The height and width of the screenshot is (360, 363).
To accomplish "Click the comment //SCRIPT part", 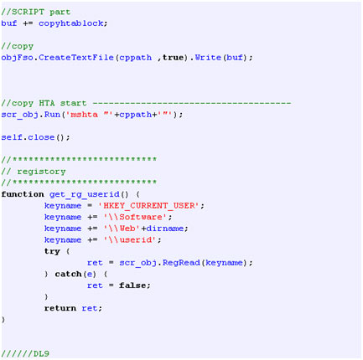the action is (35, 12).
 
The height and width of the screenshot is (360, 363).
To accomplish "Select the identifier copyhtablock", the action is (71, 23).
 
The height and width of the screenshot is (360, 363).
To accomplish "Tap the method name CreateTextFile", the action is (76, 58).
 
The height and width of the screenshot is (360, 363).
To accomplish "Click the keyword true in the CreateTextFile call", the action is (173, 58).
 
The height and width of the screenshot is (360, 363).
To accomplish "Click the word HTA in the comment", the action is (47, 103).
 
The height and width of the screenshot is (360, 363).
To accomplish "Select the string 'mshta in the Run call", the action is (81, 115).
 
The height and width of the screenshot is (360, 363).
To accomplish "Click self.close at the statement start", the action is (28, 137).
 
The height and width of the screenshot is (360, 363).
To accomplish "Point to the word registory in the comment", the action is (41, 172).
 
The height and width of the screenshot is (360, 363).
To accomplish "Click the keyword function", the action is (23, 194).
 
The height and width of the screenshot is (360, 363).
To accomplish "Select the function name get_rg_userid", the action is (85, 194).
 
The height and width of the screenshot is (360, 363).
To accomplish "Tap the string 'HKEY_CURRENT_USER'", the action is (148, 206).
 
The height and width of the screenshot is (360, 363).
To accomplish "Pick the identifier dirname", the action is (165, 229).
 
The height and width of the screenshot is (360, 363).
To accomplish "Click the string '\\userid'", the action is (131, 240).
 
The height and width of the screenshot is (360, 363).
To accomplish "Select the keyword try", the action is (52, 251).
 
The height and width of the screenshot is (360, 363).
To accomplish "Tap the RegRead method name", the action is (181, 263).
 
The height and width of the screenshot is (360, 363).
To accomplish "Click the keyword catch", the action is (68, 275).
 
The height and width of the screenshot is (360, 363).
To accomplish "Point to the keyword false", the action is (132, 285).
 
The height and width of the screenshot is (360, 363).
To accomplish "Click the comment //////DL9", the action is (25, 354).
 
